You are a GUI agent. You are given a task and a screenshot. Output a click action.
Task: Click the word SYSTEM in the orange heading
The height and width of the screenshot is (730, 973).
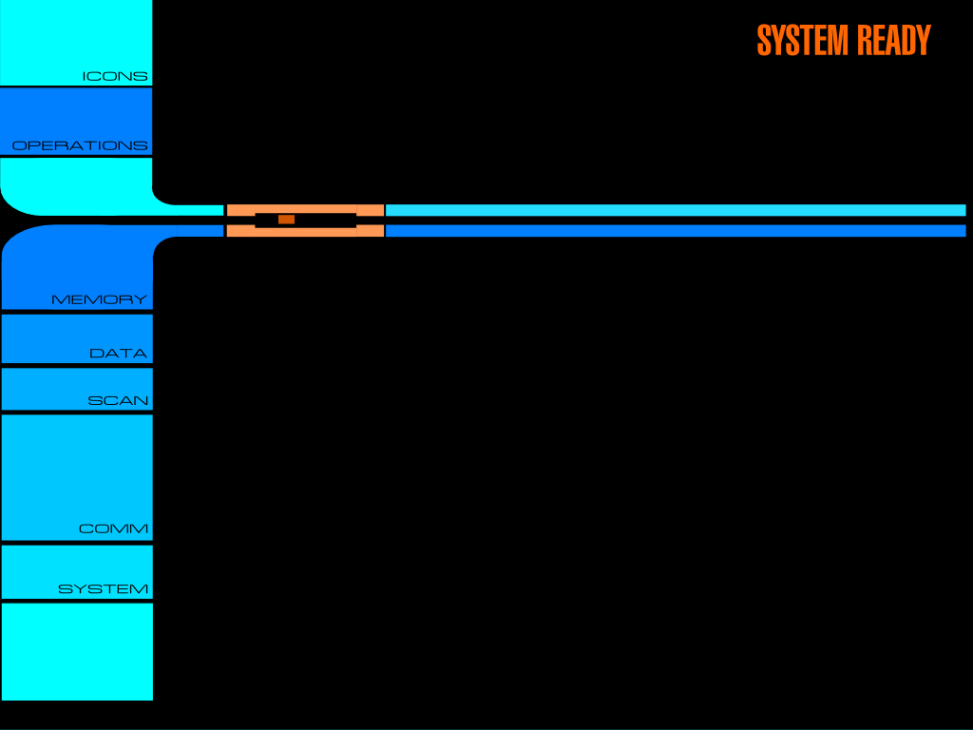[802, 41]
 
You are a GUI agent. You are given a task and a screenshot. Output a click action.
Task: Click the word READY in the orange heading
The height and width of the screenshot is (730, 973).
[893, 41]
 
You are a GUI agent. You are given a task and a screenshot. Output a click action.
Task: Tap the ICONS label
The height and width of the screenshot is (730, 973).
[115, 76]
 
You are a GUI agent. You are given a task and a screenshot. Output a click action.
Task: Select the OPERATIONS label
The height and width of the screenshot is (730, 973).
[80, 146]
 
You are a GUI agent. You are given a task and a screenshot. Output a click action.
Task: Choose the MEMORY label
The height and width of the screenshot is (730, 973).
[99, 300]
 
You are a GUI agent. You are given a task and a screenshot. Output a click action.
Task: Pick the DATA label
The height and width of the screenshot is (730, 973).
[118, 354]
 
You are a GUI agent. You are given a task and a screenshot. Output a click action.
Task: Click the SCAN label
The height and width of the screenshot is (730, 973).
[118, 401]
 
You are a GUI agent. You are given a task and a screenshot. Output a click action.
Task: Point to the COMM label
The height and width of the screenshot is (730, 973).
[113, 529]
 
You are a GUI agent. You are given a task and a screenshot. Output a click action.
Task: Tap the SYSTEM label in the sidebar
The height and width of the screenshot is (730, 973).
[103, 589]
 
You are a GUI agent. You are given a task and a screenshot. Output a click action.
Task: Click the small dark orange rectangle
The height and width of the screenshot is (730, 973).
[286, 220]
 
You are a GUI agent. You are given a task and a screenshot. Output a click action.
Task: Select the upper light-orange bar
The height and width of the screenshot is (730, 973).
[304, 208]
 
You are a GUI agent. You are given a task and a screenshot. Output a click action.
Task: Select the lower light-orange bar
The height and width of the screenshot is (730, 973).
[304, 232]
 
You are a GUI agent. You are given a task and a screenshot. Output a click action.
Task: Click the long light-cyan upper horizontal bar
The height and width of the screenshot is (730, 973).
[675, 210]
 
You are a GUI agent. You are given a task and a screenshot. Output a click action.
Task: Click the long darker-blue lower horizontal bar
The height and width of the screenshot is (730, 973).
[675, 231]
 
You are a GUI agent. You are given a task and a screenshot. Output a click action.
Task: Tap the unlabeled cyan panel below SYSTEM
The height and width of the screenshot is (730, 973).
[76, 651]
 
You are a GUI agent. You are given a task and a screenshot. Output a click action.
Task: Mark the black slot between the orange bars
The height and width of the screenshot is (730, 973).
[323, 221]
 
